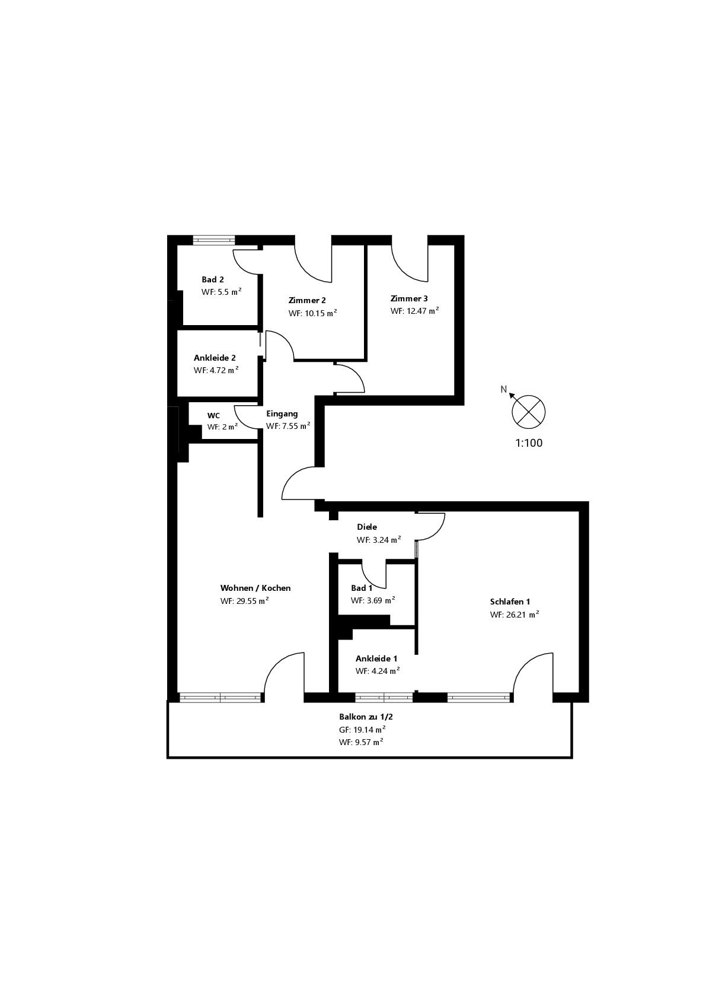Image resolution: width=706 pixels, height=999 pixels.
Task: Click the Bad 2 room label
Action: pos(212,279)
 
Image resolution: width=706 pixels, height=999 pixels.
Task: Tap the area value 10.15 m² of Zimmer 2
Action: pos(312,313)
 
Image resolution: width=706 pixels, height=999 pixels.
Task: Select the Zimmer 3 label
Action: pos(408,298)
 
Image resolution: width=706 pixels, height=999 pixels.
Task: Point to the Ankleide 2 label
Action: pos(215,358)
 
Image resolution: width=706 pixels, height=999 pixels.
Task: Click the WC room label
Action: pos(213,415)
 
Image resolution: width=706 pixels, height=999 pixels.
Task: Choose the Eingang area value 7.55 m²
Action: pos(288,426)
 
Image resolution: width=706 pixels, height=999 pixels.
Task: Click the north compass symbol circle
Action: pos(528,411)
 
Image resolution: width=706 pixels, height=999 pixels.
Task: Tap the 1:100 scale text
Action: pos(528,443)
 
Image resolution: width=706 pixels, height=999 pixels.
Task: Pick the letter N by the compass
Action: pos(504,389)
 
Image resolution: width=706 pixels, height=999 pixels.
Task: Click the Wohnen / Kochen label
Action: pos(255,588)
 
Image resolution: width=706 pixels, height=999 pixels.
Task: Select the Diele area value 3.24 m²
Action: pos(378,540)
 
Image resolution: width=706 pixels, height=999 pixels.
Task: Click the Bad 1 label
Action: pos(362,588)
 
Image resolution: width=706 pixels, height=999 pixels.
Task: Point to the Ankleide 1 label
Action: pos(376,658)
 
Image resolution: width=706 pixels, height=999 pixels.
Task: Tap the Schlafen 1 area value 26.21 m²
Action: pos(514,615)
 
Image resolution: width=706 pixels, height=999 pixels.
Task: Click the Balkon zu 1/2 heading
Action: pos(366,717)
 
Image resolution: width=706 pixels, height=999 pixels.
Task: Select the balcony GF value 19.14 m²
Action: pos(362,730)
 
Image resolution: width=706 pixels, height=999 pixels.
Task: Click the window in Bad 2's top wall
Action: pos(214,240)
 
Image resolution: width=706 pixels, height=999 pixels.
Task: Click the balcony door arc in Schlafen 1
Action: pos(531,670)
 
